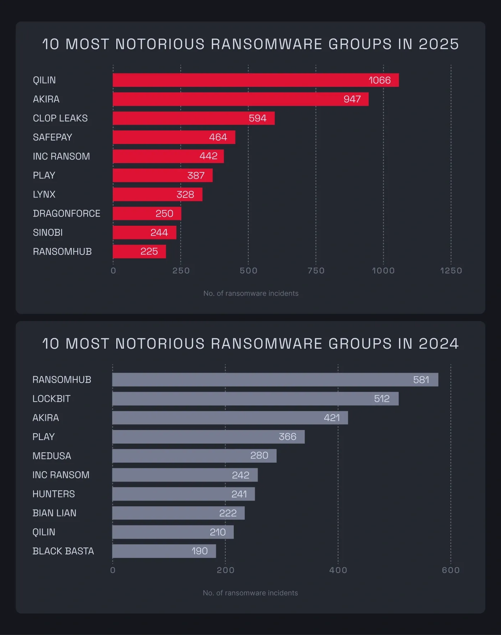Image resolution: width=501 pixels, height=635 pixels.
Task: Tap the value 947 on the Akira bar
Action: pos(352,99)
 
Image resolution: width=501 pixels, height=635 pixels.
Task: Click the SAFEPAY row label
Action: pos(53,137)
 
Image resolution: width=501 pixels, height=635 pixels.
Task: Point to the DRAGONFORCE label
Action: pos(67,214)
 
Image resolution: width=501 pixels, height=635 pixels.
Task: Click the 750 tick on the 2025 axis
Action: pos(316,271)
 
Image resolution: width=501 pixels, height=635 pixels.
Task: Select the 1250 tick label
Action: pos(451,271)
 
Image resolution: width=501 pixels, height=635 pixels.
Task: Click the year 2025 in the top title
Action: pos(439,44)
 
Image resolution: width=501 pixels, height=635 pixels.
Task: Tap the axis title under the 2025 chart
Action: pos(250,293)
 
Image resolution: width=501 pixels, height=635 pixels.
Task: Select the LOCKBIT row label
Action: pos(52,399)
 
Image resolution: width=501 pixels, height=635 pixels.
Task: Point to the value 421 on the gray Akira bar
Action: pos(332,418)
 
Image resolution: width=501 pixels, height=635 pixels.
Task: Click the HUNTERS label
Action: pos(54,494)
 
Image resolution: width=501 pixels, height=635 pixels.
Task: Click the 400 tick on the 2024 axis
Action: pos(338,570)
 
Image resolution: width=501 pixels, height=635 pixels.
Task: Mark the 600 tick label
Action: pos(451,570)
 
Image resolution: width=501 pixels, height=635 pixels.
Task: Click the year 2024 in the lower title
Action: pos(439,344)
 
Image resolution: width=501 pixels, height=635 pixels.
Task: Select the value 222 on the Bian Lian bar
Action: pos(228,513)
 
